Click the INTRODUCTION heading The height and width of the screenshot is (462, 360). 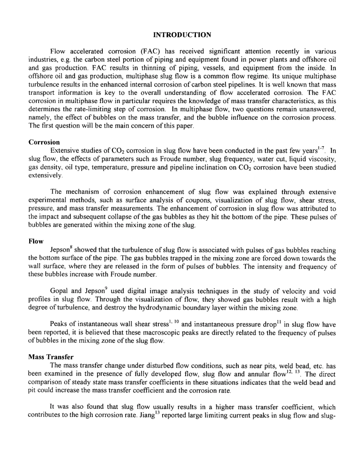coord(182,35)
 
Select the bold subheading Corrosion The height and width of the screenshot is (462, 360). coord(44,142)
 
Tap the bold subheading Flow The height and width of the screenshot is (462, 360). coord(36,241)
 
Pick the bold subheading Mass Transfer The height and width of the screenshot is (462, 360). coord(51,357)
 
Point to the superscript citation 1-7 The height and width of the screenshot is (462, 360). coord(322,149)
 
